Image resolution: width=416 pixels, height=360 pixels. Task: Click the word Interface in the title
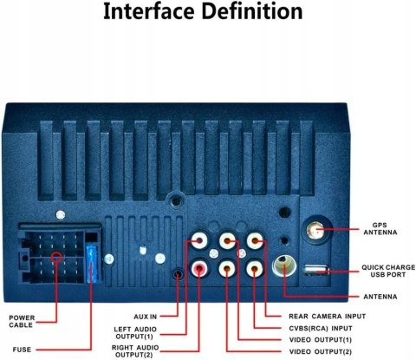pyautogui.click(x=149, y=11)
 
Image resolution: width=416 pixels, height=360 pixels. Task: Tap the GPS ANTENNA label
pyautogui.click(x=380, y=229)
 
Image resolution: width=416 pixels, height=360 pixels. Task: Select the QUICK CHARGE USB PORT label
pyautogui.click(x=388, y=271)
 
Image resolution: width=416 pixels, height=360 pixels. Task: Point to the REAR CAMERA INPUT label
pyautogui.click(x=328, y=317)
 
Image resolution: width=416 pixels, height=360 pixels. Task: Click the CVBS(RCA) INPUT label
pyautogui.click(x=321, y=329)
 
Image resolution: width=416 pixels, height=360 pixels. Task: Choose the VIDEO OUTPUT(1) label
pyautogui.click(x=321, y=340)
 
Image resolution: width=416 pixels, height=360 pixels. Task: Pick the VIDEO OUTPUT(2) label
pyautogui.click(x=321, y=352)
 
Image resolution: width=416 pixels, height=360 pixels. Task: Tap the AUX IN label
pyautogui.click(x=146, y=317)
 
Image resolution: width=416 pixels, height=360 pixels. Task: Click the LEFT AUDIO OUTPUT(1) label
pyautogui.click(x=135, y=333)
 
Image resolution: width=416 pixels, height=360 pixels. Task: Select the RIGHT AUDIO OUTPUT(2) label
pyautogui.click(x=135, y=351)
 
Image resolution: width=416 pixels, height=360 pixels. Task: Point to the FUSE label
pyautogui.click(x=22, y=350)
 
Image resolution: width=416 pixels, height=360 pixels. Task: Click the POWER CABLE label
pyautogui.click(x=22, y=321)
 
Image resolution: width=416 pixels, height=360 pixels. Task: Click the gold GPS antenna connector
pyautogui.click(x=315, y=231)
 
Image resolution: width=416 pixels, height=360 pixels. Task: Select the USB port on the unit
pyautogui.click(x=316, y=270)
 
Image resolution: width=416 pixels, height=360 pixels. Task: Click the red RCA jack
pyautogui.click(x=199, y=269)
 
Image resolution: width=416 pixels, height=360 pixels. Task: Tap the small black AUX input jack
pyautogui.click(x=178, y=274)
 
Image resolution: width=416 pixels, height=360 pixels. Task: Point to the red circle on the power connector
pyautogui.click(x=56, y=257)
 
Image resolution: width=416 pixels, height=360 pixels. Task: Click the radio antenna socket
pyautogui.click(x=284, y=265)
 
